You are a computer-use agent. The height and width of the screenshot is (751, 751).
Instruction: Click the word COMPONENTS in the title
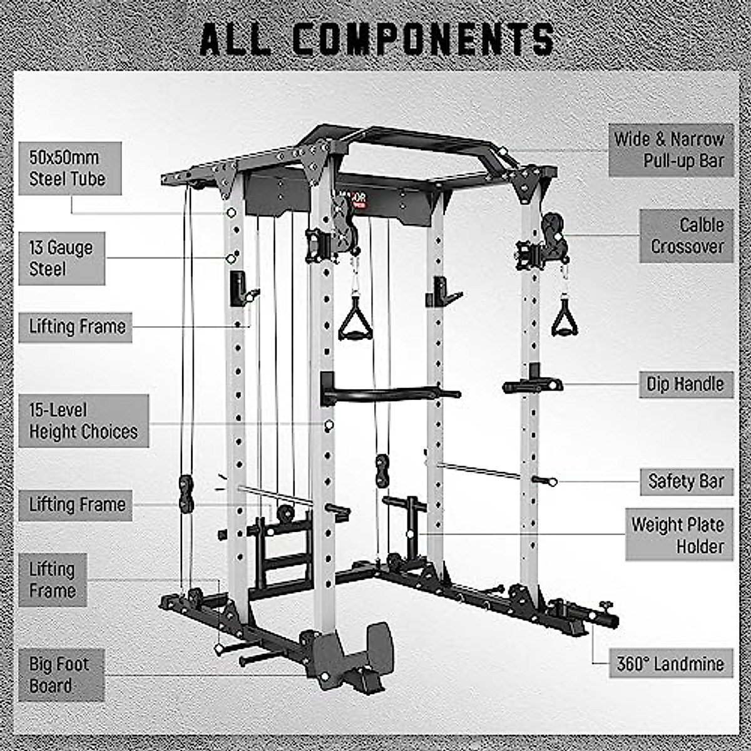click(423, 39)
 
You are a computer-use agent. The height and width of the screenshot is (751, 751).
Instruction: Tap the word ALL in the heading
click(235, 39)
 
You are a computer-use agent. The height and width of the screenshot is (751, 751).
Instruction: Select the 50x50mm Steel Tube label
click(69, 168)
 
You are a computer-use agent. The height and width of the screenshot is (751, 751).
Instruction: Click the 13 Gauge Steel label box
click(61, 258)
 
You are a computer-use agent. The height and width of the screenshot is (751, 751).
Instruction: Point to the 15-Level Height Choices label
click(83, 421)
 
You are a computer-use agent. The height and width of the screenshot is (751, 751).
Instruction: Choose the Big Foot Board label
click(61, 675)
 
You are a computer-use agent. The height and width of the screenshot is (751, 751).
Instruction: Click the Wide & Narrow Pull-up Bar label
click(670, 150)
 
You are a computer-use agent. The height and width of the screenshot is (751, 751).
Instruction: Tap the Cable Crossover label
click(686, 236)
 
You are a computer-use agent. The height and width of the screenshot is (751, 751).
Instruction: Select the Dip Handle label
click(685, 384)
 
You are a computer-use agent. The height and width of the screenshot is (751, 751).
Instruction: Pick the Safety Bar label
click(686, 482)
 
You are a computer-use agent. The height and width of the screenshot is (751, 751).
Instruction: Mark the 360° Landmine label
click(670, 663)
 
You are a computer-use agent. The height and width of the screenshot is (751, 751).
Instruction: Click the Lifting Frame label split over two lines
click(53, 580)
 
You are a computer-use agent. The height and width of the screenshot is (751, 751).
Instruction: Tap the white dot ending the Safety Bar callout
click(553, 482)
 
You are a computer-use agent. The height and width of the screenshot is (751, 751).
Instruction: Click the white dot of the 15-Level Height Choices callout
click(329, 425)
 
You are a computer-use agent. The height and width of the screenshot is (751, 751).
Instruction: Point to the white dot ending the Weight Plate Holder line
click(409, 534)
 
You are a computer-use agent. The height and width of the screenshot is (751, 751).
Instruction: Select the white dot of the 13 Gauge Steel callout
click(230, 258)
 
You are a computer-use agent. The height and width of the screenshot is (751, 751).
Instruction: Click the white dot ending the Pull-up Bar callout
click(502, 151)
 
